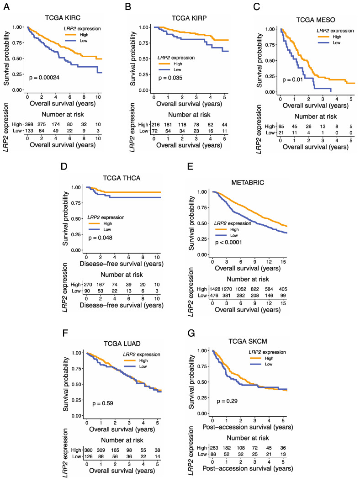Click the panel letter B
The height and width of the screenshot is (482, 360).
[x=129, y=5]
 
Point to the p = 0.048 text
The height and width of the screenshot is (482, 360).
[x=100, y=238]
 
